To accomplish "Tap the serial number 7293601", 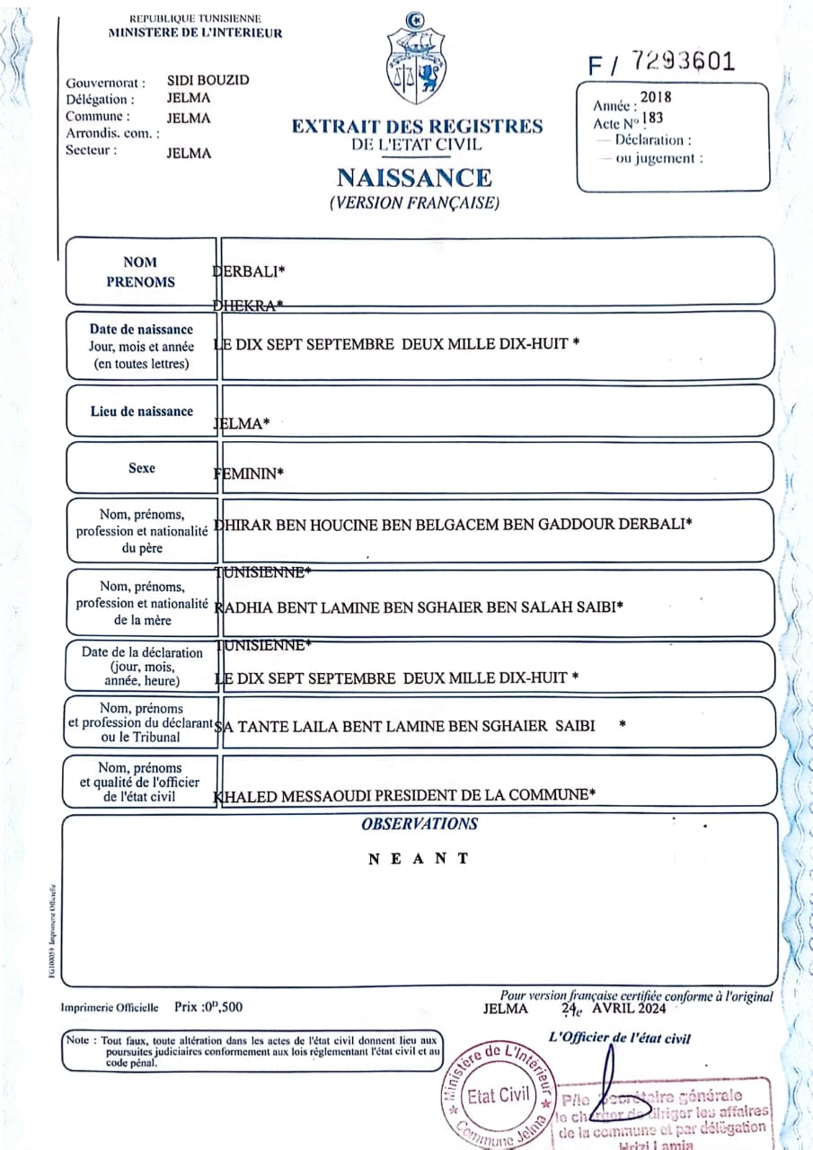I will pyautogui.click(x=683, y=61).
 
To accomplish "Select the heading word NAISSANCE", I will pyautogui.click(x=414, y=177).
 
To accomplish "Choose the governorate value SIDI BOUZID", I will pyautogui.click(x=208, y=80).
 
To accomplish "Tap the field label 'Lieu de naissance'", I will pyautogui.click(x=141, y=411).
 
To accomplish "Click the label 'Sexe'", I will pyautogui.click(x=141, y=468).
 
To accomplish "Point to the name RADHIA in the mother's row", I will pyautogui.click(x=240, y=606).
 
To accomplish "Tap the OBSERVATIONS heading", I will pyautogui.click(x=420, y=824).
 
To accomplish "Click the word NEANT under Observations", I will pyautogui.click(x=419, y=859).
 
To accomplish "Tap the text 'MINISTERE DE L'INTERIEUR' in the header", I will pyautogui.click(x=195, y=33).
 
